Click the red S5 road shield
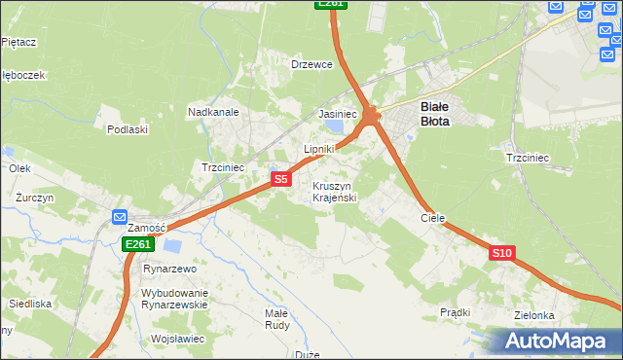280,179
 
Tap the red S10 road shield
501,253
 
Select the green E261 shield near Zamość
137,245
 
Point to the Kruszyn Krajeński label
335,192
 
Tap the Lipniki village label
318,149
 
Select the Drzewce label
312,64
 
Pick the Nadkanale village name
213,112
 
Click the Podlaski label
128,129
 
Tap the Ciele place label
432,219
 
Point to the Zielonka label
535,315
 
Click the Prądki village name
455,312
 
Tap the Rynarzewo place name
169,269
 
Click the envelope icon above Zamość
120,217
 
